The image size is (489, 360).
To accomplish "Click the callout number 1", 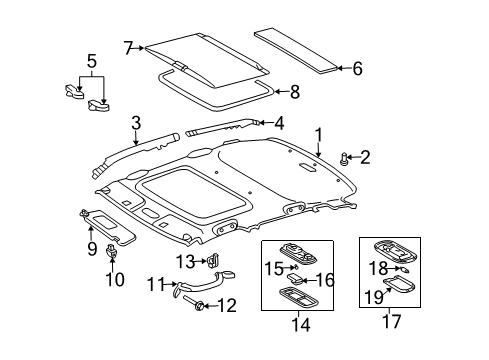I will [x=319, y=134].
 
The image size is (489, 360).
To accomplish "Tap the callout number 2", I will [x=365, y=157].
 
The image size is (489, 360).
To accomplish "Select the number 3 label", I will [x=135, y=123].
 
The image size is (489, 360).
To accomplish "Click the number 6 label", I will [x=358, y=68].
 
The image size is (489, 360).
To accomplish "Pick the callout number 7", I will [x=127, y=47].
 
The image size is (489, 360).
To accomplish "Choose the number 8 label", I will [x=294, y=92].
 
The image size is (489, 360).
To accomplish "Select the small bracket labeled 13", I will [x=213, y=262].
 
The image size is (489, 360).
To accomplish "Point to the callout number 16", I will [x=325, y=279].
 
